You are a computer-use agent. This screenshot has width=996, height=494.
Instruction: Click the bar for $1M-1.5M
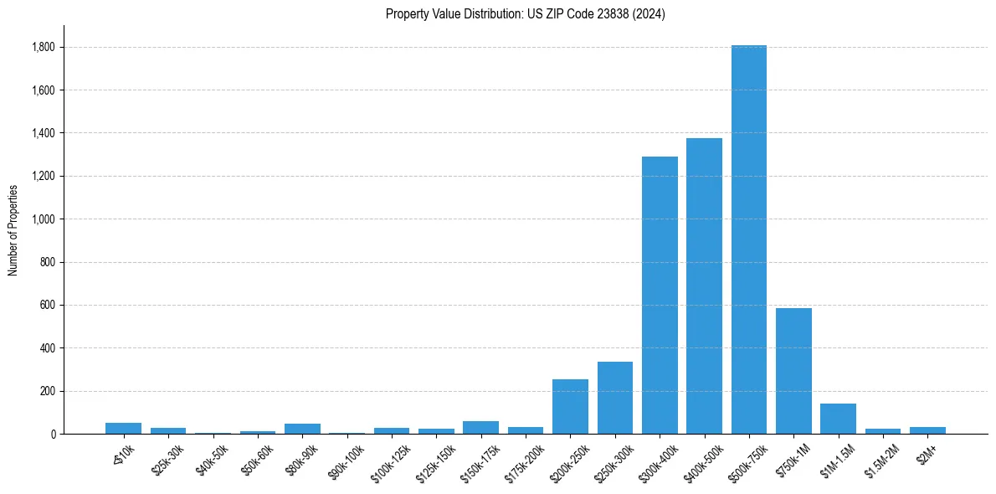click(x=838, y=419)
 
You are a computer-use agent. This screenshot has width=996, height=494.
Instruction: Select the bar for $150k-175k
click(x=480, y=427)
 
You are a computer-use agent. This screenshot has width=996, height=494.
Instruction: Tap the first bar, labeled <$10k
click(x=123, y=428)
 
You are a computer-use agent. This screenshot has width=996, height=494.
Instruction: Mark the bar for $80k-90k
click(x=302, y=429)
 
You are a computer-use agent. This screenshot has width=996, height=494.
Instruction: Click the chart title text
click(x=526, y=14)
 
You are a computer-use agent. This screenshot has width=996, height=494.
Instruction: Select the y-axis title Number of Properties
click(x=13, y=229)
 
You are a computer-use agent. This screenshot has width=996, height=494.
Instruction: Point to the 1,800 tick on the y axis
click(x=44, y=48)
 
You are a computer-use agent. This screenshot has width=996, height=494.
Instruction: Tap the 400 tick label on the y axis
click(x=48, y=348)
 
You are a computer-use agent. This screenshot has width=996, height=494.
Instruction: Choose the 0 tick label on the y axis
click(x=53, y=434)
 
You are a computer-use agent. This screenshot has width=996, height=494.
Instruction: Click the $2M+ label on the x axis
click(x=927, y=453)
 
